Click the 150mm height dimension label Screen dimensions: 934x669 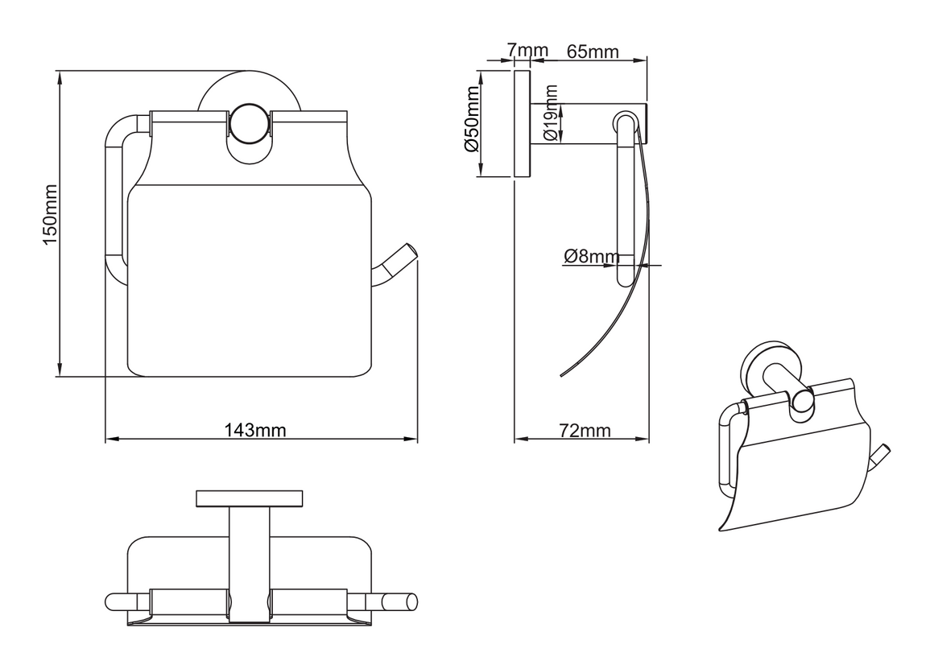(x=49, y=214)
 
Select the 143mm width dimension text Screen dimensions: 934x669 (x=255, y=430)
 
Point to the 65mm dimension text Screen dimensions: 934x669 (x=592, y=52)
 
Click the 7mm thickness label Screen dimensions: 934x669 (x=527, y=50)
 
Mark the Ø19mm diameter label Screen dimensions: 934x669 (x=551, y=113)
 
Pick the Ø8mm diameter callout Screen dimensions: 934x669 (x=592, y=256)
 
